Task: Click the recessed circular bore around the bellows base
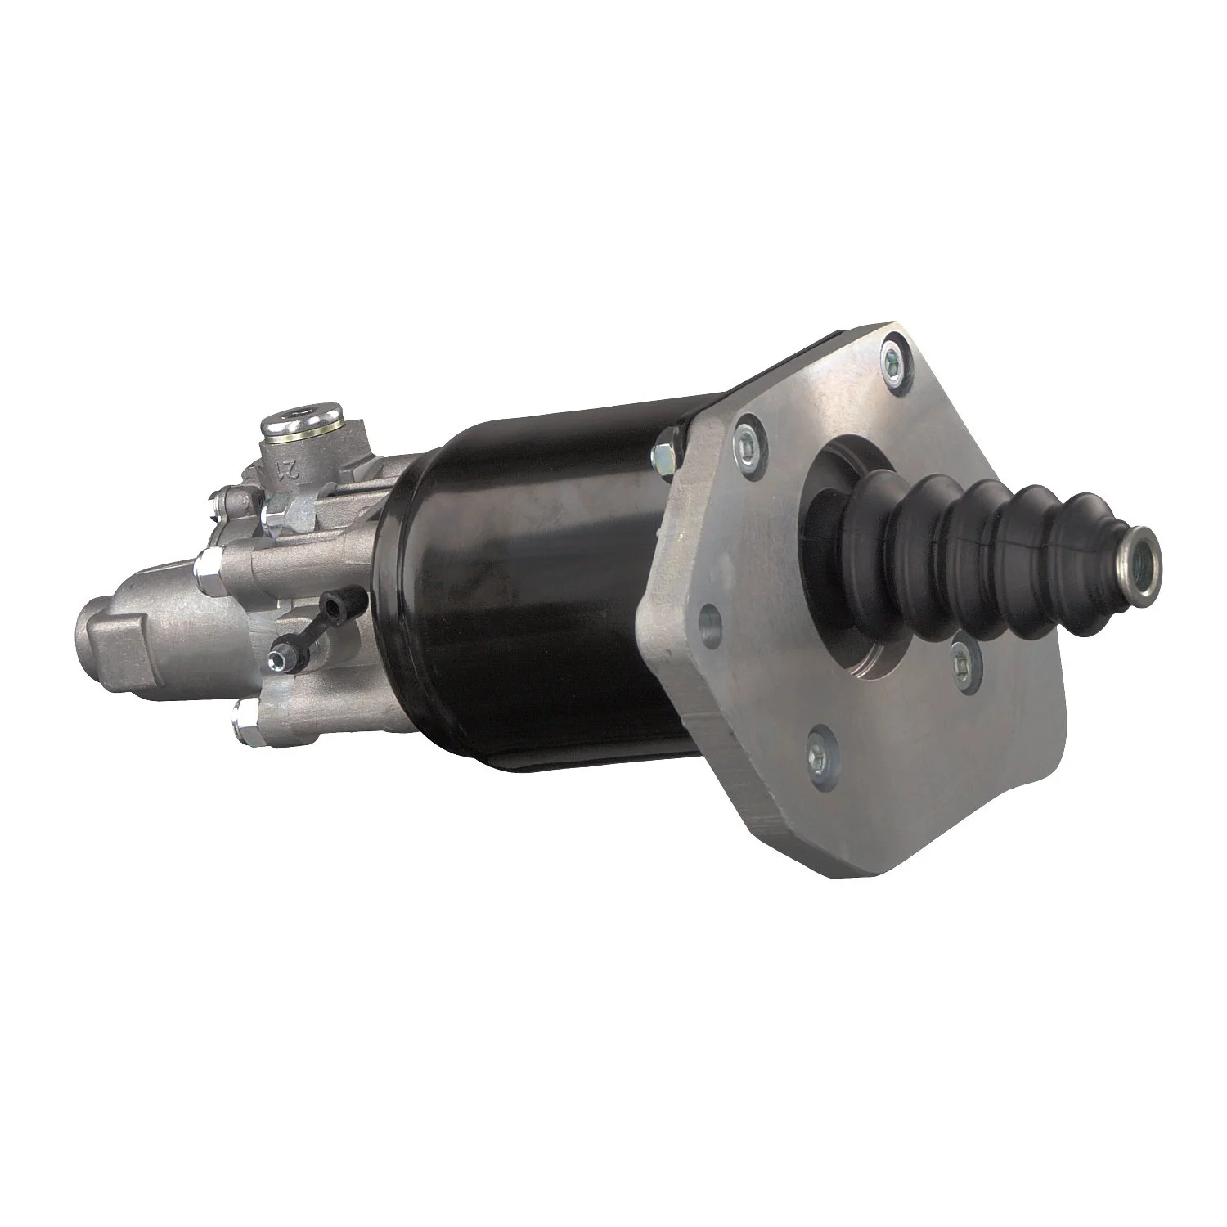[x=851, y=622]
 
